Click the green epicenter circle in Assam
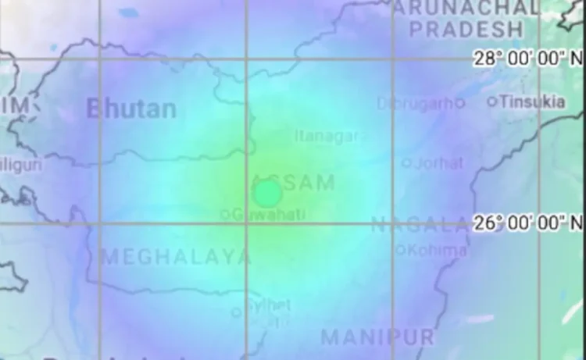tap(267, 192)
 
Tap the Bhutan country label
tap(131, 109)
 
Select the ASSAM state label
tap(295, 182)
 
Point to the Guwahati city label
tap(267, 212)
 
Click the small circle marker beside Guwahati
tap(225, 213)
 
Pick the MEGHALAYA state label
tap(177, 256)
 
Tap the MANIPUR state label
tap(377, 337)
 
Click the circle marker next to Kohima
tap(401, 250)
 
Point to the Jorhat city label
tap(438, 163)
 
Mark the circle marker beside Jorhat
tap(406, 163)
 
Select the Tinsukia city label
tap(532, 102)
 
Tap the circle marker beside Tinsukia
tap(492, 102)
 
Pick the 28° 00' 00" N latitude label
tap(529, 59)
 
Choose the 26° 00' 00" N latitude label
tap(529, 223)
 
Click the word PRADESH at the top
tap(466, 30)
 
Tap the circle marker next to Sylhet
tap(236, 312)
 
